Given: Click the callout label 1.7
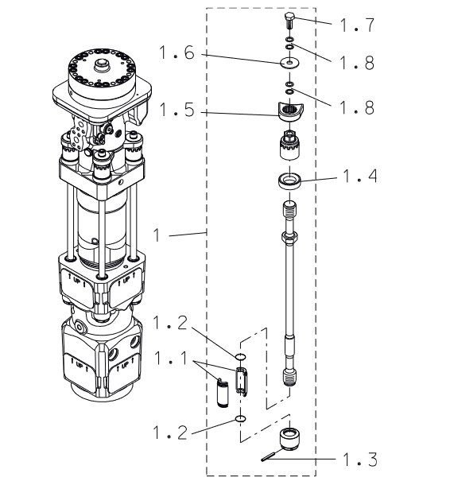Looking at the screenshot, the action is (x=357, y=25).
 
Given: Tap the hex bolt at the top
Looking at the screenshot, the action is (x=289, y=21).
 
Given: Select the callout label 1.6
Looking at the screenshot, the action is (x=177, y=52).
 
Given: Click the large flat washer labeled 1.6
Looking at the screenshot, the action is (x=289, y=63).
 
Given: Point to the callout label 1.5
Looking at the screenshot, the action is (x=177, y=110).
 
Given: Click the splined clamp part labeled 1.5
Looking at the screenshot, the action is (x=290, y=112).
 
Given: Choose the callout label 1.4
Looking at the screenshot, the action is (x=360, y=177).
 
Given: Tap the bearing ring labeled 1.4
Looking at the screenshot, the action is (x=289, y=180).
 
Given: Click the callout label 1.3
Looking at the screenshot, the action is (x=360, y=460).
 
